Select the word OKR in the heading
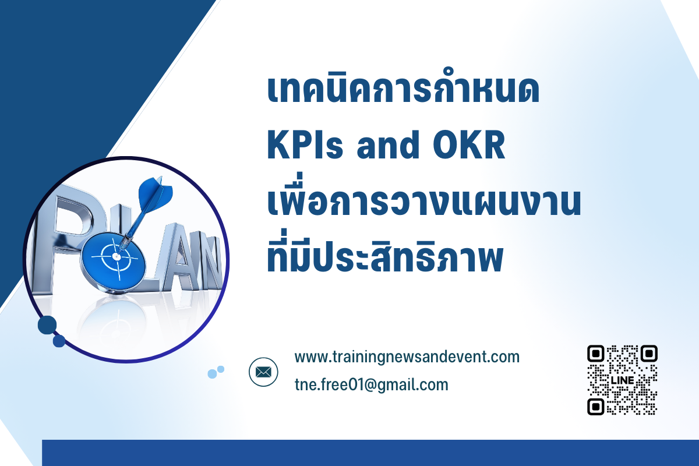point(469,145)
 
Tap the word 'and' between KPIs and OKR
point(388,144)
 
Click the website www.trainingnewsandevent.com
point(407,356)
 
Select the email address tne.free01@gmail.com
point(372,384)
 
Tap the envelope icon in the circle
point(263,372)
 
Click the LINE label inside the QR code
point(623,380)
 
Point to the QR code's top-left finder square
point(596,354)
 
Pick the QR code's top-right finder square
point(649,354)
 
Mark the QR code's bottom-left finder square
point(596,407)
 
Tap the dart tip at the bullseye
point(117,256)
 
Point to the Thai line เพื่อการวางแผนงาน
point(424,197)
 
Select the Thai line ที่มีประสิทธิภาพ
point(385,253)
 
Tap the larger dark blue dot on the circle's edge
point(47,325)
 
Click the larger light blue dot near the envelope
point(212,373)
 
